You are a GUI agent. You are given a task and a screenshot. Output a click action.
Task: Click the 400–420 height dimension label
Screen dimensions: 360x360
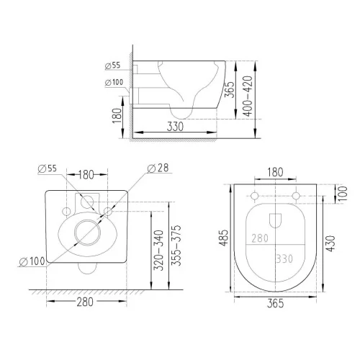click(248, 96)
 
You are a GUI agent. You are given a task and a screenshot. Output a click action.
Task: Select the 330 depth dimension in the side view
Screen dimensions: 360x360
click(175, 127)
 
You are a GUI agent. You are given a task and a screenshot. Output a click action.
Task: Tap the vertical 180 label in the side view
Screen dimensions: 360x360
click(117, 116)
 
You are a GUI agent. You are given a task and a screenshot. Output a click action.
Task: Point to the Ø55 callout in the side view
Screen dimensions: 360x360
click(112, 66)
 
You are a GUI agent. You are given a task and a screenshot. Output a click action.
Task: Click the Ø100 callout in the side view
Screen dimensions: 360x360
click(114, 82)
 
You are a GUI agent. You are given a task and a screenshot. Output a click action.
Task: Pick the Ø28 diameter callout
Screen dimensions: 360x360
click(158, 168)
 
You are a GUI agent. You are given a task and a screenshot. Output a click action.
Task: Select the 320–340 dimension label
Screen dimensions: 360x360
click(158, 251)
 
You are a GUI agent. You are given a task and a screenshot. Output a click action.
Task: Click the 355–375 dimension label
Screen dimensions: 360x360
click(176, 246)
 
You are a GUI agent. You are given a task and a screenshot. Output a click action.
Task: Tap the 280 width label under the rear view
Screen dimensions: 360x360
click(85, 302)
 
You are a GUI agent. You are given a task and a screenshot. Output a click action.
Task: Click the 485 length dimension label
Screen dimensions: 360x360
click(224, 238)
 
